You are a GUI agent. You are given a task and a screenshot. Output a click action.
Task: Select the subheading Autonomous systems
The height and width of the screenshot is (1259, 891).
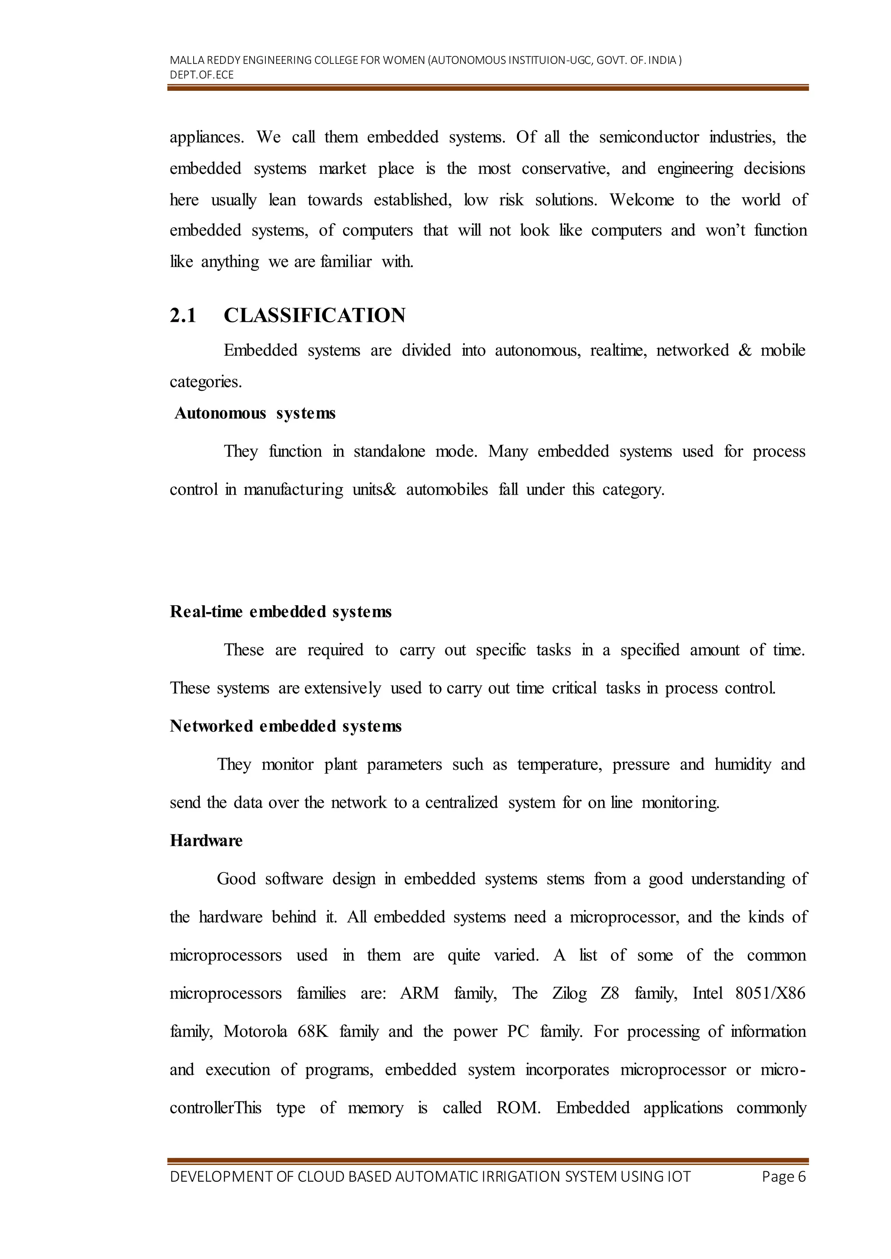[x=255, y=413]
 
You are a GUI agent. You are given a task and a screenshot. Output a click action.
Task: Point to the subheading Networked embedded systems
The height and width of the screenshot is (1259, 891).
[x=285, y=726]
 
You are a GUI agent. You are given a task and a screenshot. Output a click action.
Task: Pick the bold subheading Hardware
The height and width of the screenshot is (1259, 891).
[x=206, y=841]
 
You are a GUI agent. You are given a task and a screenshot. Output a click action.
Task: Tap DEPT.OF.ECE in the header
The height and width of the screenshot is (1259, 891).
[x=201, y=75]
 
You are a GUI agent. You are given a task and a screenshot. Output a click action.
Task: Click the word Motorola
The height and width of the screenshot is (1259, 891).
[x=255, y=1032]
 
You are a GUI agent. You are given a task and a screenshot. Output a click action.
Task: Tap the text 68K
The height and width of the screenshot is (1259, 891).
[x=313, y=1032]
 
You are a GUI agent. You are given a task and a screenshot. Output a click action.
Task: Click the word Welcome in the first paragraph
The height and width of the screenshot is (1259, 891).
[x=641, y=200]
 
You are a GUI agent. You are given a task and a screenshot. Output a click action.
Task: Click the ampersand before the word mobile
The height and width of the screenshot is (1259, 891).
[x=744, y=350]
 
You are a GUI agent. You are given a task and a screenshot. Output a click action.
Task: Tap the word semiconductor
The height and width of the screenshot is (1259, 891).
[x=649, y=137]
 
